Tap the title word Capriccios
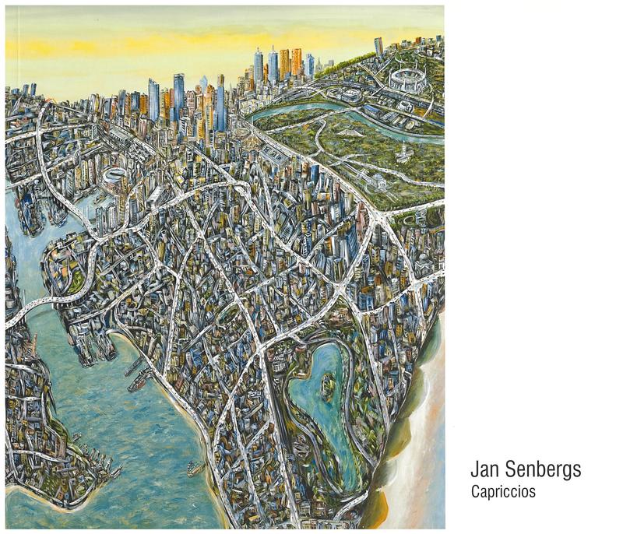point(503,492)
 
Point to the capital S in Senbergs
point(510,471)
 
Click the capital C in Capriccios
point(475,492)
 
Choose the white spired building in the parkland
point(403,153)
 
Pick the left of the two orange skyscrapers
point(284,62)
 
